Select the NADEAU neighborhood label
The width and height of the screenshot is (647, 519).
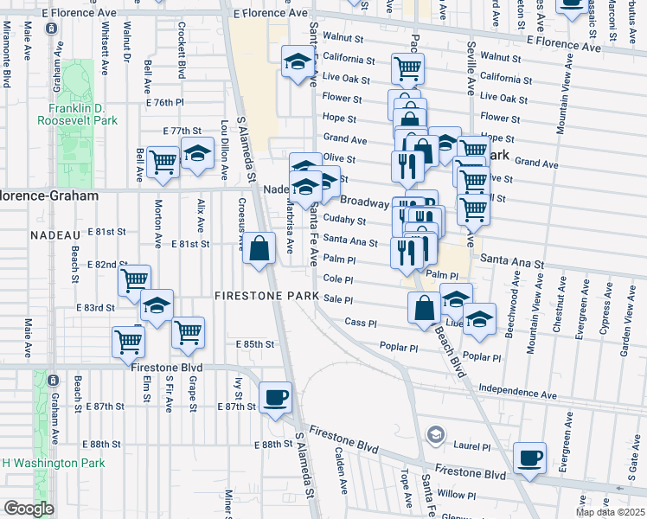click(x=54, y=234)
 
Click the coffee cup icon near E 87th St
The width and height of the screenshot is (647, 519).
click(x=276, y=398)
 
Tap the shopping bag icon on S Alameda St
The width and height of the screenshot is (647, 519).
click(x=259, y=249)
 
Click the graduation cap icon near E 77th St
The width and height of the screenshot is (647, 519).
click(x=198, y=154)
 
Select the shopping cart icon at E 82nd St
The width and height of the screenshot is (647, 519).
click(x=134, y=280)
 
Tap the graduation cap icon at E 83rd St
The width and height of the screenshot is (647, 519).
click(x=157, y=305)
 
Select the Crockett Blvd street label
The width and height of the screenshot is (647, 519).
click(x=182, y=57)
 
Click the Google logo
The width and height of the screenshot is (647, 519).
click(x=29, y=509)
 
